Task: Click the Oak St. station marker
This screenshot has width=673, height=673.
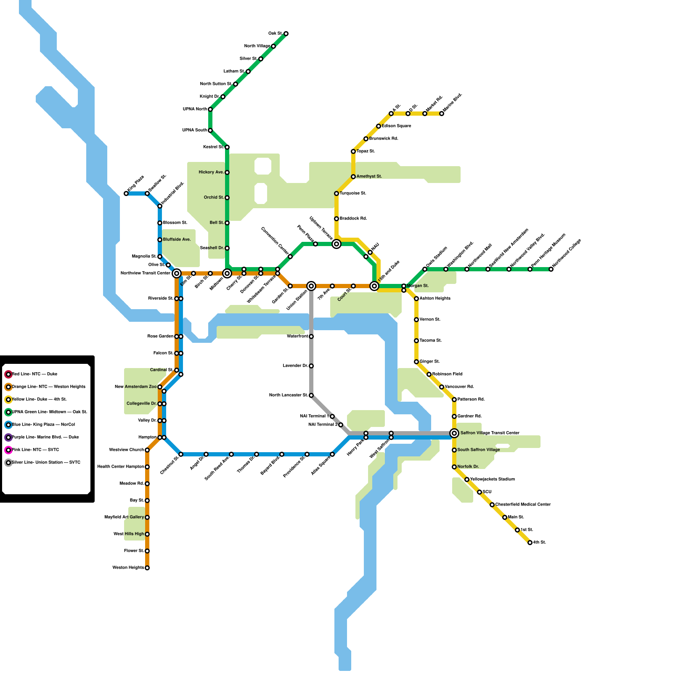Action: click(x=286, y=34)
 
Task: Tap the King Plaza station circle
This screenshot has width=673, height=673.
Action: click(x=126, y=193)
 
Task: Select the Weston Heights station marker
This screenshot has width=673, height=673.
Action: click(x=147, y=568)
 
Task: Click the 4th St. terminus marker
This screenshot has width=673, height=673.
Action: click(x=530, y=543)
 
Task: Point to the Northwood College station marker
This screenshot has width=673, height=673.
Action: click(x=551, y=269)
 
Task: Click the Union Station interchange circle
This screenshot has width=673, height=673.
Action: click(x=311, y=286)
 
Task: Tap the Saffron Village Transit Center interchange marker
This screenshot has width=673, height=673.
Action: click(x=454, y=433)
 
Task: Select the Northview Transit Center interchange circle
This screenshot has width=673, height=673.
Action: click(x=177, y=273)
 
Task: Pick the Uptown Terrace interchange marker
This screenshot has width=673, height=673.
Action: click(x=336, y=244)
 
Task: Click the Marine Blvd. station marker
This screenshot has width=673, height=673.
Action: click(x=442, y=114)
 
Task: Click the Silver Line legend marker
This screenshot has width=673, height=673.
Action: click(x=8, y=463)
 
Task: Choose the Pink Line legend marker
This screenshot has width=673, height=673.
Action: click(x=8, y=450)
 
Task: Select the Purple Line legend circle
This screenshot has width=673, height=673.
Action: click(x=8, y=437)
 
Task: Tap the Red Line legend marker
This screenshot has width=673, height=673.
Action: click(x=8, y=374)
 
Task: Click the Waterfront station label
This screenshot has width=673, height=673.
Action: click(x=297, y=336)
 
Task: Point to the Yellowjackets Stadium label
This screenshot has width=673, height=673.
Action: click(x=492, y=480)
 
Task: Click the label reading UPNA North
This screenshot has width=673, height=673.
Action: click(x=195, y=109)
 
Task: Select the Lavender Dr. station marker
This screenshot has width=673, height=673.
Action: click(x=311, y=366)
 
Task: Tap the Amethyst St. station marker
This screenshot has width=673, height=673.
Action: click(x=353, y=177)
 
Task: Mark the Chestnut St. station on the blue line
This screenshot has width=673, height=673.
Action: click(x=181, y=454)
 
